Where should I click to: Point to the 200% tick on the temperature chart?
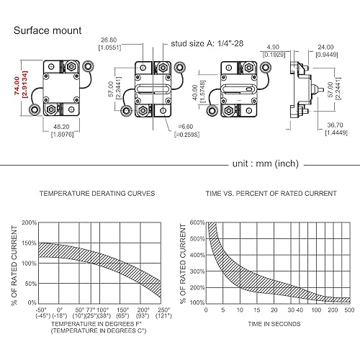click(x=29, y=223)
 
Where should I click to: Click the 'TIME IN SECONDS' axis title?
click(x=274, y=323)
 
